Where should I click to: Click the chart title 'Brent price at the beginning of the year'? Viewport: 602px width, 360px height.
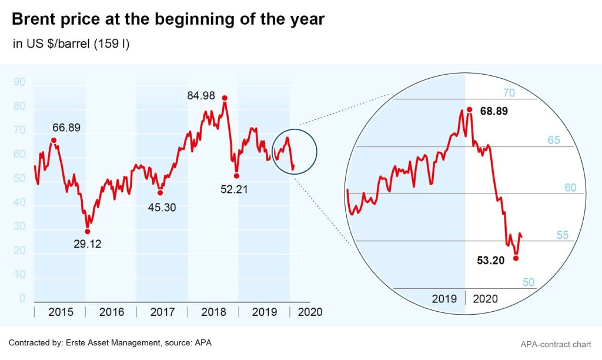point(168,19)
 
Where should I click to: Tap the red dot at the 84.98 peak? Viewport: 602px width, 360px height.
point(225,98)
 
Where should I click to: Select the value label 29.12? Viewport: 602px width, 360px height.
point(88,244)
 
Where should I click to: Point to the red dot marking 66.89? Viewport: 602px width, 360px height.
point(53,140)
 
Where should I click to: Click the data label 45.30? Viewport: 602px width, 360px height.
point(161,207)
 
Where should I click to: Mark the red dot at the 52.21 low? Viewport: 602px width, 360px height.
point(236,175)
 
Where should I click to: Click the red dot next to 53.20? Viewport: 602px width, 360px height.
point(516,258)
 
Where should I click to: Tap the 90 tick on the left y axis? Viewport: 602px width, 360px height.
point(19,82)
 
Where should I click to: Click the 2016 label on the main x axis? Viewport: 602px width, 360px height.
point(111,312)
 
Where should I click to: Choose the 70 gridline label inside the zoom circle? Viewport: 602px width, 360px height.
point(509,93)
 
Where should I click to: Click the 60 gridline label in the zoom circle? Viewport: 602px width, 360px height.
point(570,188)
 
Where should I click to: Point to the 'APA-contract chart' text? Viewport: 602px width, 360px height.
point(556,343)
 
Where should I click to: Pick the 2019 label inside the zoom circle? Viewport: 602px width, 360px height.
point(444,299)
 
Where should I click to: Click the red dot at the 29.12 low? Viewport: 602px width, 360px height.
point(88,231)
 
